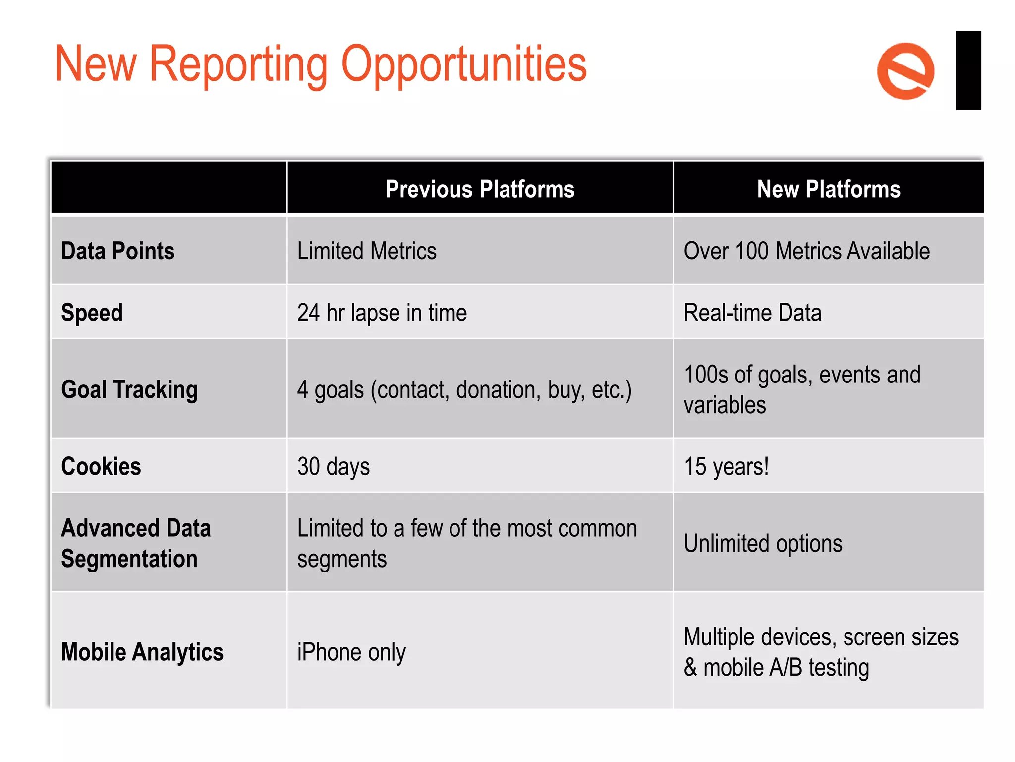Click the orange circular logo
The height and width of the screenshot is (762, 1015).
[905, 71]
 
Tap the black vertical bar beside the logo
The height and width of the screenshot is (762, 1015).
[968, 70]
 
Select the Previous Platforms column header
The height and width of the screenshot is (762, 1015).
[480, 189]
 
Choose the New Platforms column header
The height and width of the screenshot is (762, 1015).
[828, 189]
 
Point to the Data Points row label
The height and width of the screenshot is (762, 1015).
[118, 251]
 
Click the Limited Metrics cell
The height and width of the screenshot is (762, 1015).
[367, 251]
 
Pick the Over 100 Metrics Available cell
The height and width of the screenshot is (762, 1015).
[806, 251]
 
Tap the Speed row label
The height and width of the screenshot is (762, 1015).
[92, 313]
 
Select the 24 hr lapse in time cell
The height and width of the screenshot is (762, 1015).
[382, 313]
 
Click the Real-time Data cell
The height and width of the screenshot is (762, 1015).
[752, 313]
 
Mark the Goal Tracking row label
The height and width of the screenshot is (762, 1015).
[129, 389]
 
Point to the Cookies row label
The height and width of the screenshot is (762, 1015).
[101, 467]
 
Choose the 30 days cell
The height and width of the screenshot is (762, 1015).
[334, 467]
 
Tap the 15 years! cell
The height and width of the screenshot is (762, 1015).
[726, 467]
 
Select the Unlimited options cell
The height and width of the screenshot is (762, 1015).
[763, 544]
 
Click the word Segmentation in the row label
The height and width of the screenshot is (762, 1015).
[129, 559]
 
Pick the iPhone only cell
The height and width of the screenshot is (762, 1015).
[351, 652]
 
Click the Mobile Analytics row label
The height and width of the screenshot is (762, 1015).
[142, 652]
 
